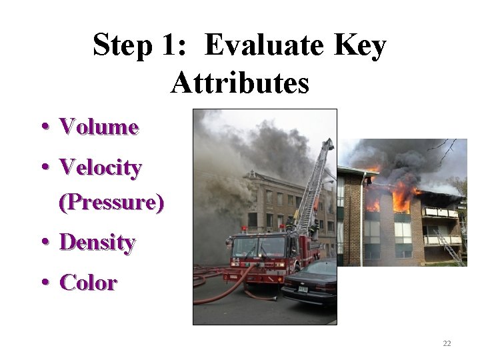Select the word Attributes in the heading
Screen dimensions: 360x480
click(240, 84)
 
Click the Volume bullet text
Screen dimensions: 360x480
click(99, 127)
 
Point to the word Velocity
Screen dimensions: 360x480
click(100, 167)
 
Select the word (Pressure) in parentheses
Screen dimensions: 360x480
click(111, 202)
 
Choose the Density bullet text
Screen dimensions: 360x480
click(97, 243)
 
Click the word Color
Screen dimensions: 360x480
click(88, 283)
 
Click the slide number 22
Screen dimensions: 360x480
click(447, 343)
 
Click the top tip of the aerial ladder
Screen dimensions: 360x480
click(329, 142)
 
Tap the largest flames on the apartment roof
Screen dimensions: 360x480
click(402, 199)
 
